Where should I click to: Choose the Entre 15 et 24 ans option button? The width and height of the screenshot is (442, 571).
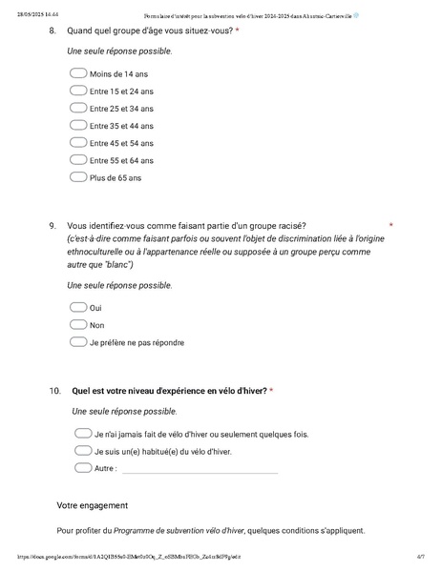77,91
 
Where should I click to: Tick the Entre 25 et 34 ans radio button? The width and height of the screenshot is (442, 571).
77,108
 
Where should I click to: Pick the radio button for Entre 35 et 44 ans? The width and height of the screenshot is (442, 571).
77,125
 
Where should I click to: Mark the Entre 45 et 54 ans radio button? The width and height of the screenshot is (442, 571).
77,142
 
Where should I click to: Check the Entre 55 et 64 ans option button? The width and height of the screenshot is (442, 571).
77,159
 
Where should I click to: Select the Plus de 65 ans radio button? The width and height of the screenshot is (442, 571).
77,176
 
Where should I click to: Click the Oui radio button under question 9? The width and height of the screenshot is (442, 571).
77,307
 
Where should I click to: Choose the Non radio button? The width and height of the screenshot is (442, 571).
77,324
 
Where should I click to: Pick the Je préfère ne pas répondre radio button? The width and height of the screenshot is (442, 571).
77,341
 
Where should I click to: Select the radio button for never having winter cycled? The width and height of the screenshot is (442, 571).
82,434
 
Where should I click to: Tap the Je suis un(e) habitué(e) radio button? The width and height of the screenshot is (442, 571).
82,451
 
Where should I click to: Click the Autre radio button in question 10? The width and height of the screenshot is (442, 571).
82,468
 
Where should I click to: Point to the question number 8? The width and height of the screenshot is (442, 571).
53,31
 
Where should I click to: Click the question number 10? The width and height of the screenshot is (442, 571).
54,391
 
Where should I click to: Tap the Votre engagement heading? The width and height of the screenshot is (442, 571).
92,505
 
